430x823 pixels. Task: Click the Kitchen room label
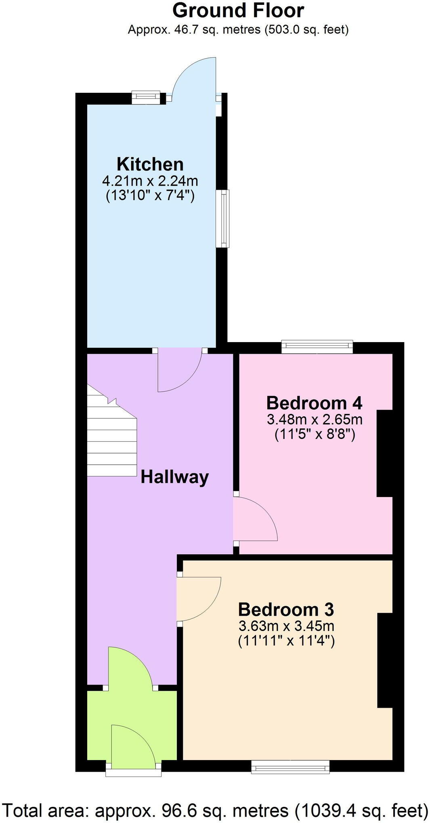pyautogui.click(x=150, y=164)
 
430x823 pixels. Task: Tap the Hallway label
pyautogui.click(x=174, y=477)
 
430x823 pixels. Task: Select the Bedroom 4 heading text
pyautogui.click(x=314, y=403)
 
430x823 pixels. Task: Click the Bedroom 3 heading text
pyautogui.click(x=286, y=609)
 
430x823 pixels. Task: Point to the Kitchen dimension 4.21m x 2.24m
pyautogui.click(x=150, y=180)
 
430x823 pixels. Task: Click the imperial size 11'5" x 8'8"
pyautogui.click(x=315, y=435)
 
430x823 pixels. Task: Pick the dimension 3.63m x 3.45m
pyautogui.click(x=286, y=626)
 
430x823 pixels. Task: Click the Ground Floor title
pyautogui.click(x=238, y=10)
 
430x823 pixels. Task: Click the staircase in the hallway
pyautogui.click(x=111, y=440)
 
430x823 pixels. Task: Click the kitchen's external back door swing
pyautogui.click(x=194, y=79)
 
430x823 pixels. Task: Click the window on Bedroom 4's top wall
pyautogui.click(x=317, y=347)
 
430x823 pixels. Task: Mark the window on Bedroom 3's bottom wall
pyautogui.click(x=290, y=767)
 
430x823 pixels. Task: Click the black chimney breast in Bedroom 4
pyautogui.click(x=384, y=453)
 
